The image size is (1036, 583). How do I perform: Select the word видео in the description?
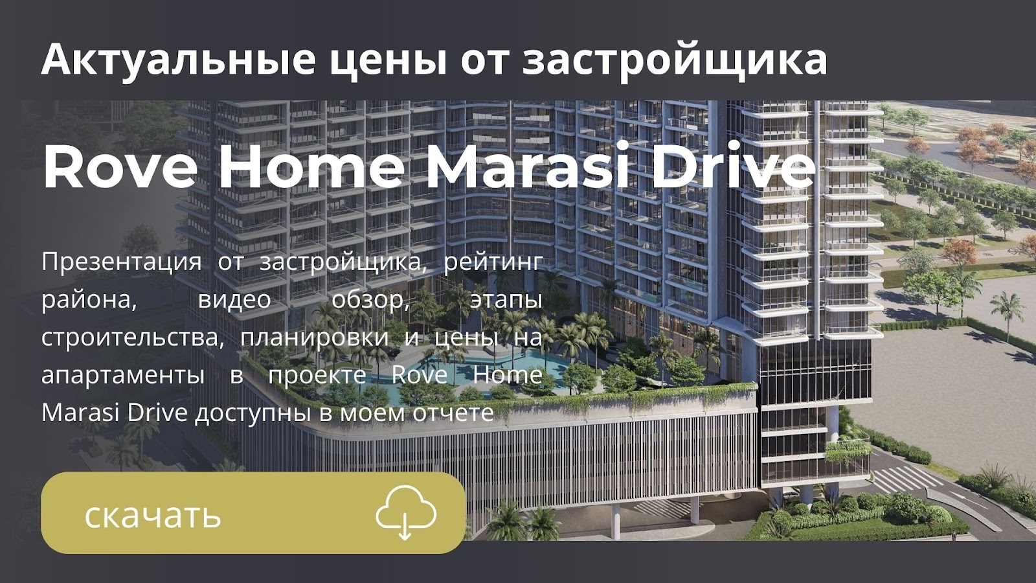[x=234, y=301]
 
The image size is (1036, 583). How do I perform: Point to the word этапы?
[x=506, y=301]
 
